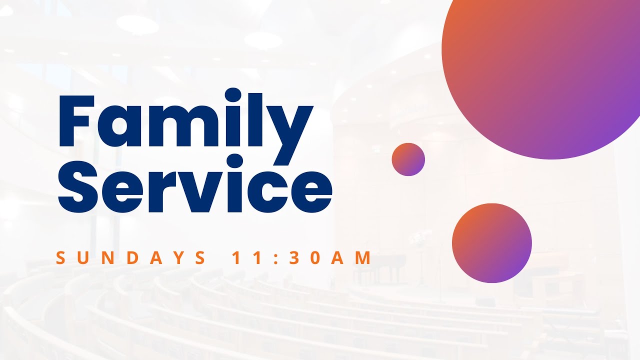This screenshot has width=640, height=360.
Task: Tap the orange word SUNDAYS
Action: (x=130, y=258)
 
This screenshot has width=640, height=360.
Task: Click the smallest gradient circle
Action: (x=408, y=159)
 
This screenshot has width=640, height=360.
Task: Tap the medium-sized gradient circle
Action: (x=491, y=243)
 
